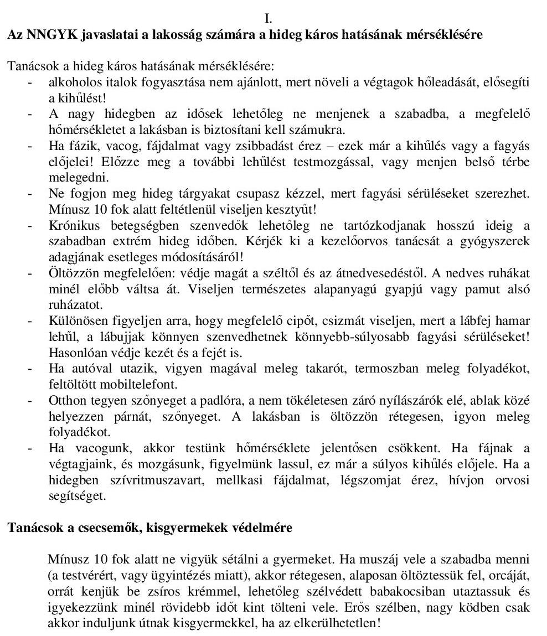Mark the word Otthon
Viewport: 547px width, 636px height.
[65, 401]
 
